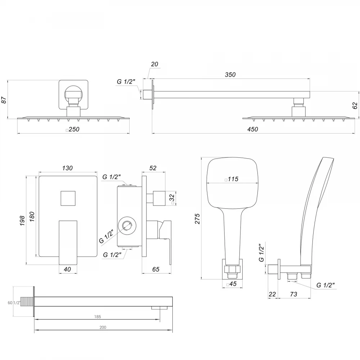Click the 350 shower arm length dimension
pos(230,75)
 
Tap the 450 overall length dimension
pos(253,129)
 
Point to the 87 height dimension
pos(4,100)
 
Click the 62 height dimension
pos(355,105)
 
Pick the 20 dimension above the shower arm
pos(154,64)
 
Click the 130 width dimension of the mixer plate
pos(67,168)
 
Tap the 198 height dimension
pos(22,221)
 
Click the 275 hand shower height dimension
pos(197,219)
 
